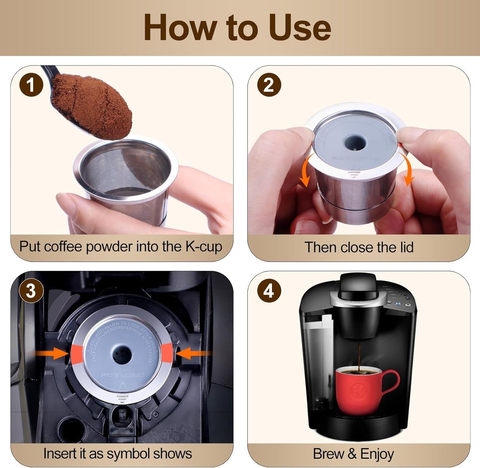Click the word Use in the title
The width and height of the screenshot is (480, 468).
coord(299,28)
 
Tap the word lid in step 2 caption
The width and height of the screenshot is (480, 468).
coord(405,248)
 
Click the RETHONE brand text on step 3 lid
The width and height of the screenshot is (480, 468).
coord(122,375)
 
